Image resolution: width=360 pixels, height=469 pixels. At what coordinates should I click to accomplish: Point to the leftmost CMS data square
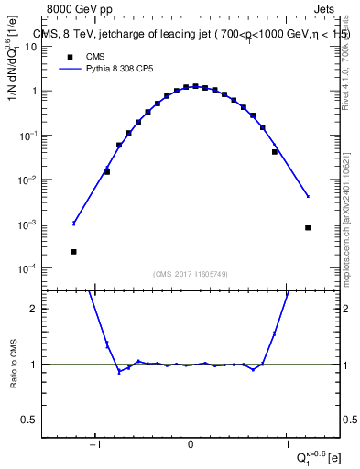pos(73,251)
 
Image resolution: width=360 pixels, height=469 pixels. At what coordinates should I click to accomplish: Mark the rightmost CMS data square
pos(308,227)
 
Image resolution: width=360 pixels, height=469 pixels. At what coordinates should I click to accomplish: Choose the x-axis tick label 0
pos(191,446)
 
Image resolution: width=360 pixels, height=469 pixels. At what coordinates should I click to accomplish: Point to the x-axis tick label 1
pos(286,446)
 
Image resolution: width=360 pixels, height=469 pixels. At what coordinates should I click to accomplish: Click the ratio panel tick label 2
pos(41,309)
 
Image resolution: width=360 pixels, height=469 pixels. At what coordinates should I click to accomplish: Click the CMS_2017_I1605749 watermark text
pos(190,274)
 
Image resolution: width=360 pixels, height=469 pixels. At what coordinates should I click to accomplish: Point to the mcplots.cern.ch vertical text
pos(352,211)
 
